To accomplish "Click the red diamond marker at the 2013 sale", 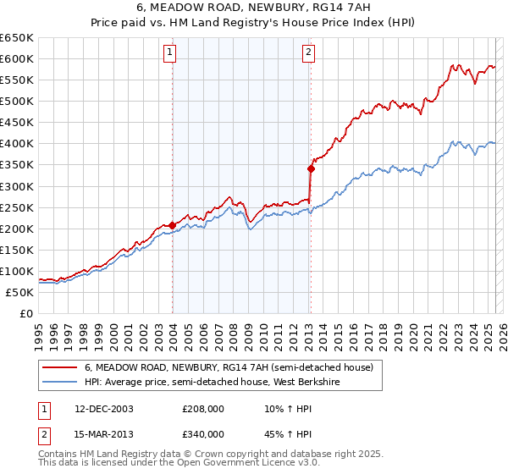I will click(x=311, y=168).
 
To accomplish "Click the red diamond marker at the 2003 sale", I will click(x=173, y=224).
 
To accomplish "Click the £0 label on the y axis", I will click(x=25, y=313).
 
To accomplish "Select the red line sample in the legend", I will click(x=58, y=367).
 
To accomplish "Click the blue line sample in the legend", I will click(x=58, y=383).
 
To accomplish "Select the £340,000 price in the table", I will click(x=203, y=434).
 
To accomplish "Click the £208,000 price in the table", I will click(x=203, y=409).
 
